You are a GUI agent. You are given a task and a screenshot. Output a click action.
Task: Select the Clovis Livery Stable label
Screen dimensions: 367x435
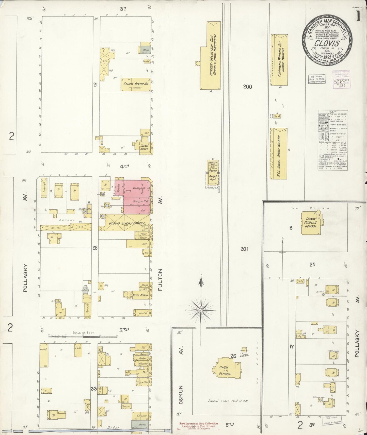point(127,223)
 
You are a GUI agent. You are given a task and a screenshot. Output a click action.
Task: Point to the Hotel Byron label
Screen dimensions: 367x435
point(139,295)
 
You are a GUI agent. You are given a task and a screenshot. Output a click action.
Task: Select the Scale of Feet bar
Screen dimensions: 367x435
point(83,335)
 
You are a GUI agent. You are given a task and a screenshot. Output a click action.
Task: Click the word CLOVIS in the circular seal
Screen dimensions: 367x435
point(328,43)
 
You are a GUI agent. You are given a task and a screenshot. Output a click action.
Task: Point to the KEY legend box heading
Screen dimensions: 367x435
point(332,112)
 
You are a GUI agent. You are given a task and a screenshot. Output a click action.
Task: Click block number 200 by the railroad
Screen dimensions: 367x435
point(247,87)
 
